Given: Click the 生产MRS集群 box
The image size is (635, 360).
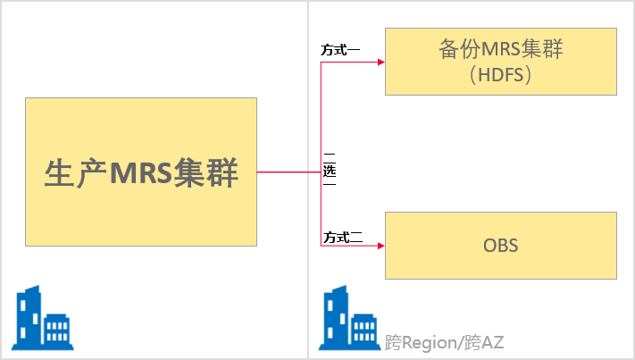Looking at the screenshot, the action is (x=141, y=172).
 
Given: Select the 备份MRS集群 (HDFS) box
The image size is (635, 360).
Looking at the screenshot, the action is (x=500, y=62).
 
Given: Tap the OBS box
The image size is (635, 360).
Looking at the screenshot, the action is (x=500, y=246).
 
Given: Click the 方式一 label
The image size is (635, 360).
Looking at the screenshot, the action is (x=340, y=50).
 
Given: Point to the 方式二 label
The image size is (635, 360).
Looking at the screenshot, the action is (x=343, y=238).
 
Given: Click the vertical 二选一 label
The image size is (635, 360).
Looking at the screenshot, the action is (x=330, y=170).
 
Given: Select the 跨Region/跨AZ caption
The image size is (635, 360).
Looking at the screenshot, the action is (x=444, y=343).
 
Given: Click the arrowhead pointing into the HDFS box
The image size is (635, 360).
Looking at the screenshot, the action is (x=380, y=62).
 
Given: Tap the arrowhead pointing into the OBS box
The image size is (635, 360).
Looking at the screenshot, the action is (x=380, y=246).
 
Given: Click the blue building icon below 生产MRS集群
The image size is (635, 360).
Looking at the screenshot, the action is (x=43, y=318).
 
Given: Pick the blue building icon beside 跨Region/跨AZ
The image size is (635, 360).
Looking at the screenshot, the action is (x=349, y=318).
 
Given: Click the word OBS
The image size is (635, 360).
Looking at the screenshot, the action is (x=500, y=246).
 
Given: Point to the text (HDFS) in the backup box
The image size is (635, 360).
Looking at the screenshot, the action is (x=500, y=75).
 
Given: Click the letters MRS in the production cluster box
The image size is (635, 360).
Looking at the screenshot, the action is (x=141, y=173).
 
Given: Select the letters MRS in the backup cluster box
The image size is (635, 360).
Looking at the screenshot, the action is (x=500, y=49).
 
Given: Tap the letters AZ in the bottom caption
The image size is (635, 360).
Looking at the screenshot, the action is (x=492, y=343).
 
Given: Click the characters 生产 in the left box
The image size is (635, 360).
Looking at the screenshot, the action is (x=76, y=173).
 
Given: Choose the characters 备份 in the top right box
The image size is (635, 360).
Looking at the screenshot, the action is (x=459, y=49).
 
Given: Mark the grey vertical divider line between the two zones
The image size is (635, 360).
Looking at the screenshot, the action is (x=308, y=180).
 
